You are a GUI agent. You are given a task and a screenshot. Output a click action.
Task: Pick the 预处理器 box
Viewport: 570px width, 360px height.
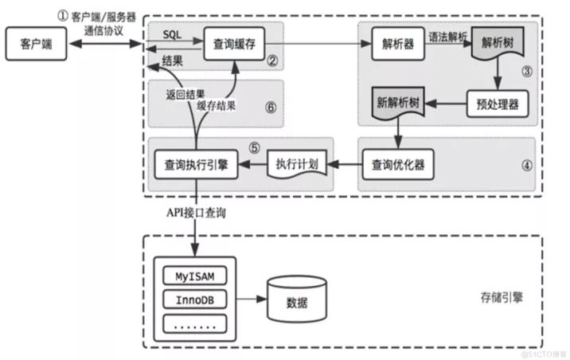click(495, 104)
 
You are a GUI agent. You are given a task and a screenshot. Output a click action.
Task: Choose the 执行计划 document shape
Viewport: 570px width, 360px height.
click(296, 165)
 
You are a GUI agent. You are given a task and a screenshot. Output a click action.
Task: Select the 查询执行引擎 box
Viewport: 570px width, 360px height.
click(195, 165)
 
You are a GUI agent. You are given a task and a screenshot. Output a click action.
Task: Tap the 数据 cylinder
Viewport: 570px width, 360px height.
click(296, 301)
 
